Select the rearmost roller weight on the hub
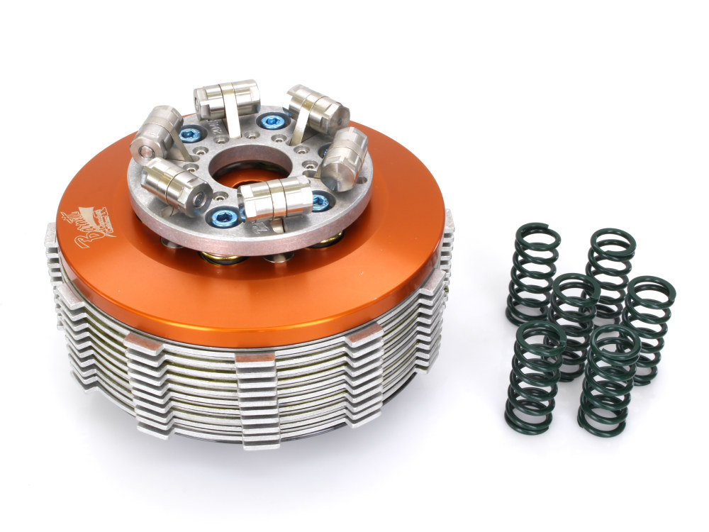click(226, 101)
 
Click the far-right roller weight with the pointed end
click(344, 157)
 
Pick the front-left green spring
click(532, 377)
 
